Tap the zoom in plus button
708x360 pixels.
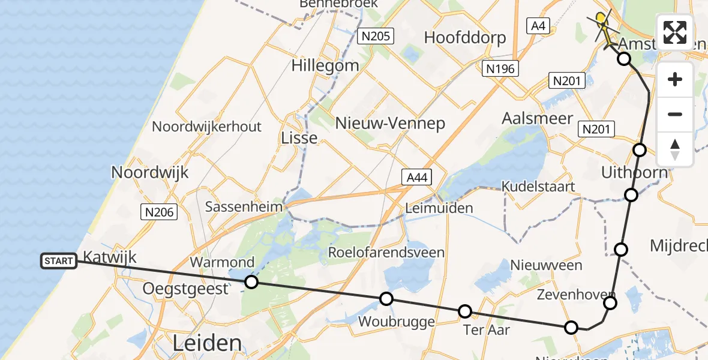[675, 80]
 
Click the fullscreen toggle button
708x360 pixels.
[675, 32]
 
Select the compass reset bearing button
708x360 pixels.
[675, 149]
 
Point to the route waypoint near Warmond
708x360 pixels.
[251, 282]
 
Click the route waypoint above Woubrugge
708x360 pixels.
[386, 299]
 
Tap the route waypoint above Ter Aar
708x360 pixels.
[465, 311]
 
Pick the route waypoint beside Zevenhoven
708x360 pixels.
[610, 303]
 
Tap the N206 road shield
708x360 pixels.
[159, 211]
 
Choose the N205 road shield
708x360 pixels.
[376, 36]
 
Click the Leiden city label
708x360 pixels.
[207, 343]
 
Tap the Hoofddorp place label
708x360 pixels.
[465, 37]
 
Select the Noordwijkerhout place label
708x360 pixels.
[206, 127]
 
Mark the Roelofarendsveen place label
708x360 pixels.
[386, 252]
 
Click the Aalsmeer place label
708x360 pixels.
[538, 118]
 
